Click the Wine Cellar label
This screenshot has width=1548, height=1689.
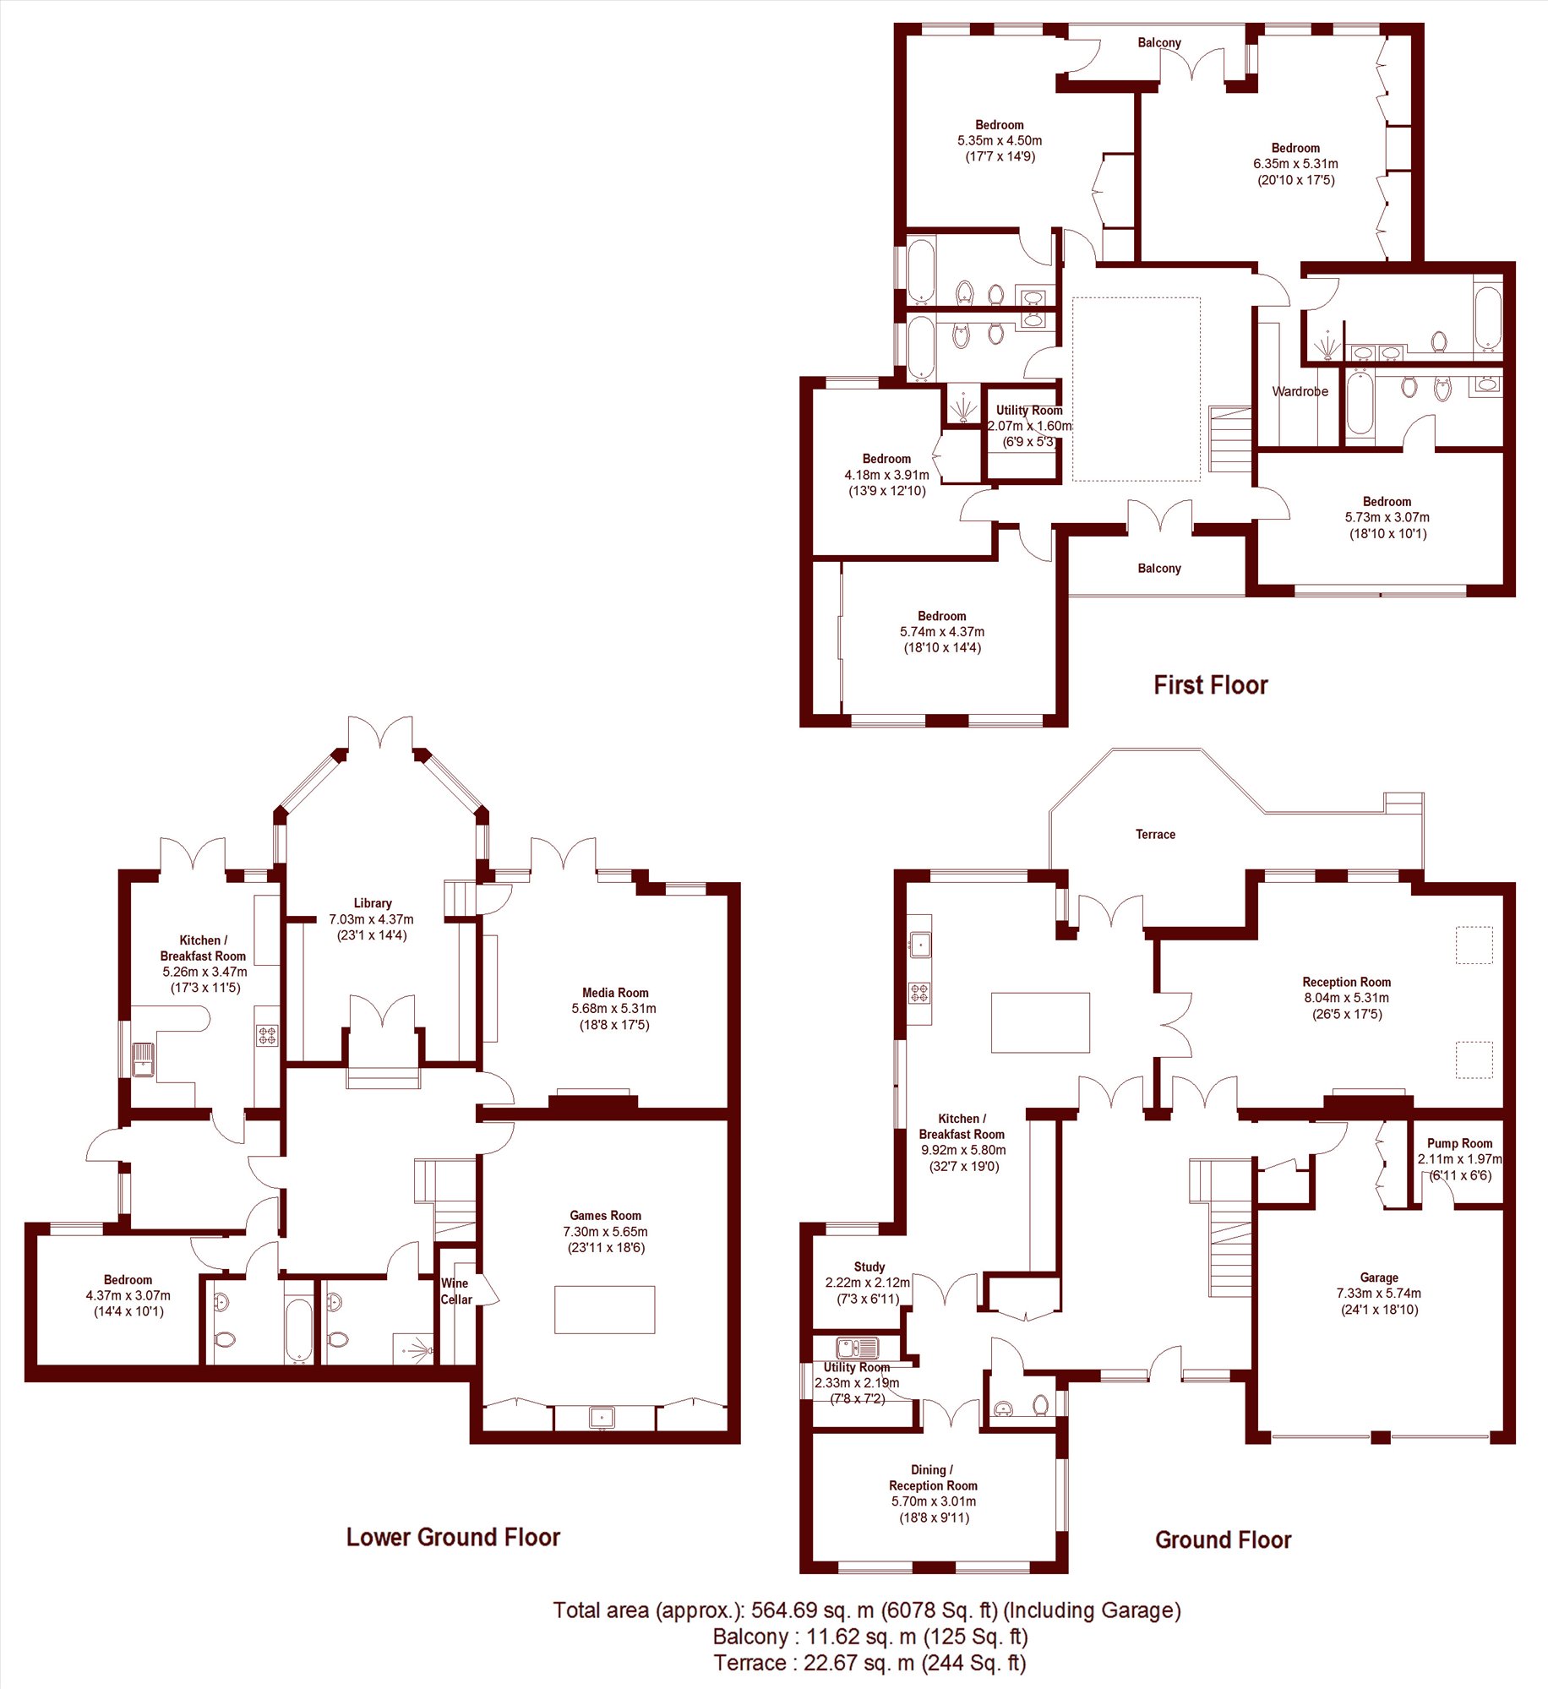[456, 1291]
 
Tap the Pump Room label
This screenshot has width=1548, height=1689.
[1459, 1143]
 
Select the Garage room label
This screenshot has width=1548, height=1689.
[1379, 1278]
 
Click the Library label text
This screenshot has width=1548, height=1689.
[373, 903]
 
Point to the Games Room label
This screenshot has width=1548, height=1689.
[605, 1216]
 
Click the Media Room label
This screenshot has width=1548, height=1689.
[615, 993]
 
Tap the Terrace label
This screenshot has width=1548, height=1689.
[1155, 835]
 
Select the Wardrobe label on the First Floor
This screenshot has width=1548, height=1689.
[1300, 391]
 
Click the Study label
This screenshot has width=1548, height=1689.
[869, 1267]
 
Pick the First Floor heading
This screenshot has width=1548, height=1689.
[1211, 685]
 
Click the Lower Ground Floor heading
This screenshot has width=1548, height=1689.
[453, 1537]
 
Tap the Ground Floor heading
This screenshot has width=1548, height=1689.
[1223, 1540]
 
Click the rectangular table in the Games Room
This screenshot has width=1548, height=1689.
[604, 1310]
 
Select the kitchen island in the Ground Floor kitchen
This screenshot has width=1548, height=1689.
[1040, 1022]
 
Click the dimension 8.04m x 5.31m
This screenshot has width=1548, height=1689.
[1347, 998]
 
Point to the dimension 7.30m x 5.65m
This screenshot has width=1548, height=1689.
[606, 1232]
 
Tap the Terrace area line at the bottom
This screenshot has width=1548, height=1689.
[869, 1663]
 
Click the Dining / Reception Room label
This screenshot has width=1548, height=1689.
[933, 1478]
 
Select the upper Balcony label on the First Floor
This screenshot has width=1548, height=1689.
[1159, 43]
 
